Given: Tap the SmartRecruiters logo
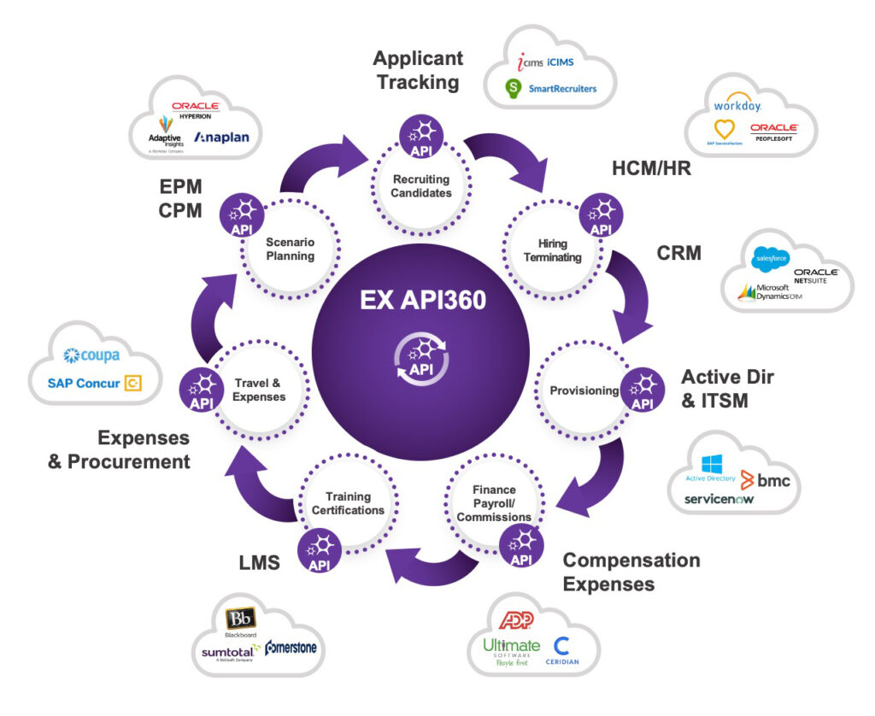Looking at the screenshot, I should click(551, 87).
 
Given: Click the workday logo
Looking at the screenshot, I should click(737, 107).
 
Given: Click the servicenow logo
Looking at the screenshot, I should click(719, 499).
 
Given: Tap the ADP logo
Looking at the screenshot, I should click(516, 621).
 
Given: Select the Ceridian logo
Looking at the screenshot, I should click(562, 652).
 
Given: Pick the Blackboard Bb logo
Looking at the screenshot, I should click(239, 621).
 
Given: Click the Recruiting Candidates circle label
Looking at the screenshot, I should click(421, 185).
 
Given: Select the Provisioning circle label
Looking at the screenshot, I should click(584, 390).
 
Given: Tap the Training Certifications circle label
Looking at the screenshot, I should click(348, 503).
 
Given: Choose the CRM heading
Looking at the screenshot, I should click(678, 253).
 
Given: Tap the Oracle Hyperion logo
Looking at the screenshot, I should click(196, 109).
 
